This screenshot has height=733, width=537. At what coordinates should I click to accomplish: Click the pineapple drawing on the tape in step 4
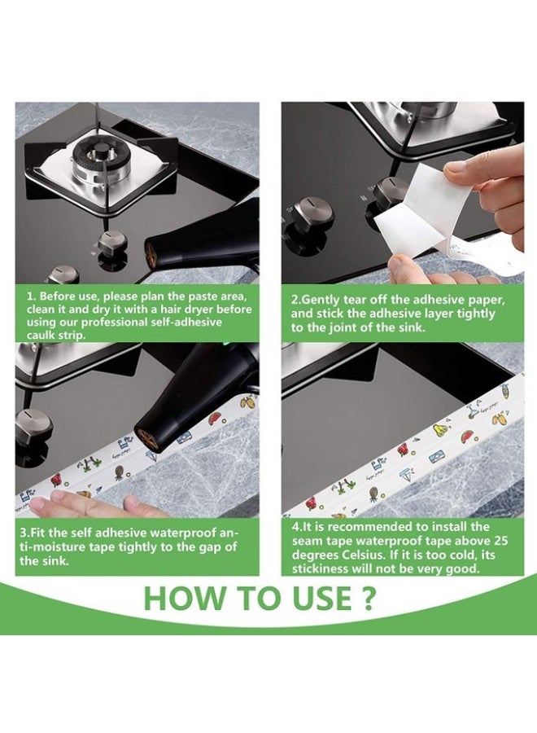[373, 492]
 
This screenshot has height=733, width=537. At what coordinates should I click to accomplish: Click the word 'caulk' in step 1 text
[41, 336]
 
